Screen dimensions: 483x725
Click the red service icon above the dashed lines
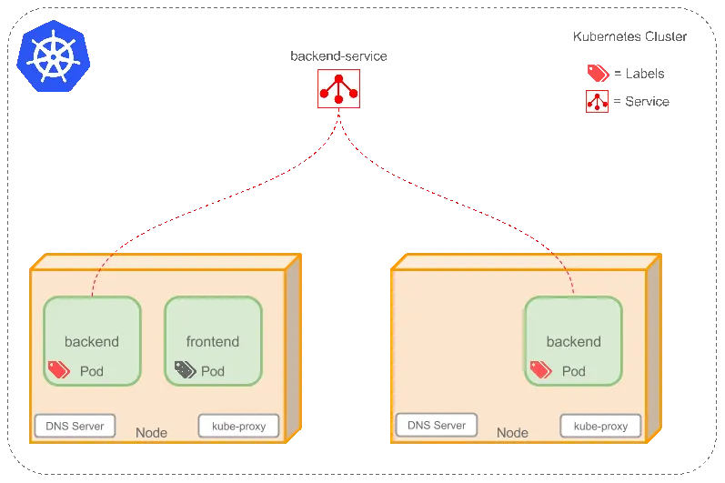[338, 88]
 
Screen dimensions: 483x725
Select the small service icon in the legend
[597, 102]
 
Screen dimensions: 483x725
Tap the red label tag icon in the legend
[597, 73]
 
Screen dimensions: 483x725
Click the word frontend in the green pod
[213, 342]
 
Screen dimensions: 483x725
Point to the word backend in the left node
[92, 342]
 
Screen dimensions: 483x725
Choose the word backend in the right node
[573, 342]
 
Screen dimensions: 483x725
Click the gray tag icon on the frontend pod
[186, 369]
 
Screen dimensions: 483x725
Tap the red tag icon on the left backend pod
[59, 369]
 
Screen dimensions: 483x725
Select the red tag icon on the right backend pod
[540, 369]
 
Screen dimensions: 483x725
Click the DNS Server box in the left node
[75, 425]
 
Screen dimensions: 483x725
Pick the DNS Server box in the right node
[436, 425]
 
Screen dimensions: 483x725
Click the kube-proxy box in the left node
[238, 426]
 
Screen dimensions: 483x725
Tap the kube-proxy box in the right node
[599, 426]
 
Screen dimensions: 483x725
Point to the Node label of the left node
[151, 432]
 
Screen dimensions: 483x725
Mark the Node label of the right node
[512, 433]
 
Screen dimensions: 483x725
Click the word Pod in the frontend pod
[213, 371]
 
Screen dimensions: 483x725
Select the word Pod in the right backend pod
[574, 371]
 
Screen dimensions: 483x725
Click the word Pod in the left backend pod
[92, 371]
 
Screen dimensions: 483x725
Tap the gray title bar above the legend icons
[629, 36]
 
